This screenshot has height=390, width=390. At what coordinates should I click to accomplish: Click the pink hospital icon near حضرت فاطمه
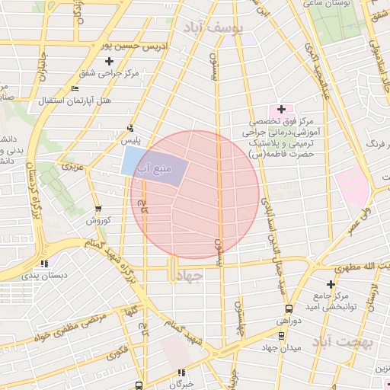(x=281, y=110)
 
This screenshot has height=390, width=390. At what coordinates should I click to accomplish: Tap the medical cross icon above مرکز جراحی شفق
(x=109, y=61)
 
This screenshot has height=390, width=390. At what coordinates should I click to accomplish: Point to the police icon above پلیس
(x=130, y=128)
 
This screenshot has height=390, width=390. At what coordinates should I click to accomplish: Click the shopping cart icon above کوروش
(x=97, y=208)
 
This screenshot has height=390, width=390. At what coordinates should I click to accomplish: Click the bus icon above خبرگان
(x=181, y=372)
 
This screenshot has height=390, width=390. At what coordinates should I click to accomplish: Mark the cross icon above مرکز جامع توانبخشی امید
(x=331, y=283)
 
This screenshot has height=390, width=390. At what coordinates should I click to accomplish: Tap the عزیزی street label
(x=73, y=165)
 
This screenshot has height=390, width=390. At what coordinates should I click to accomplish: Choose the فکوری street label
(x=117, y=353)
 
